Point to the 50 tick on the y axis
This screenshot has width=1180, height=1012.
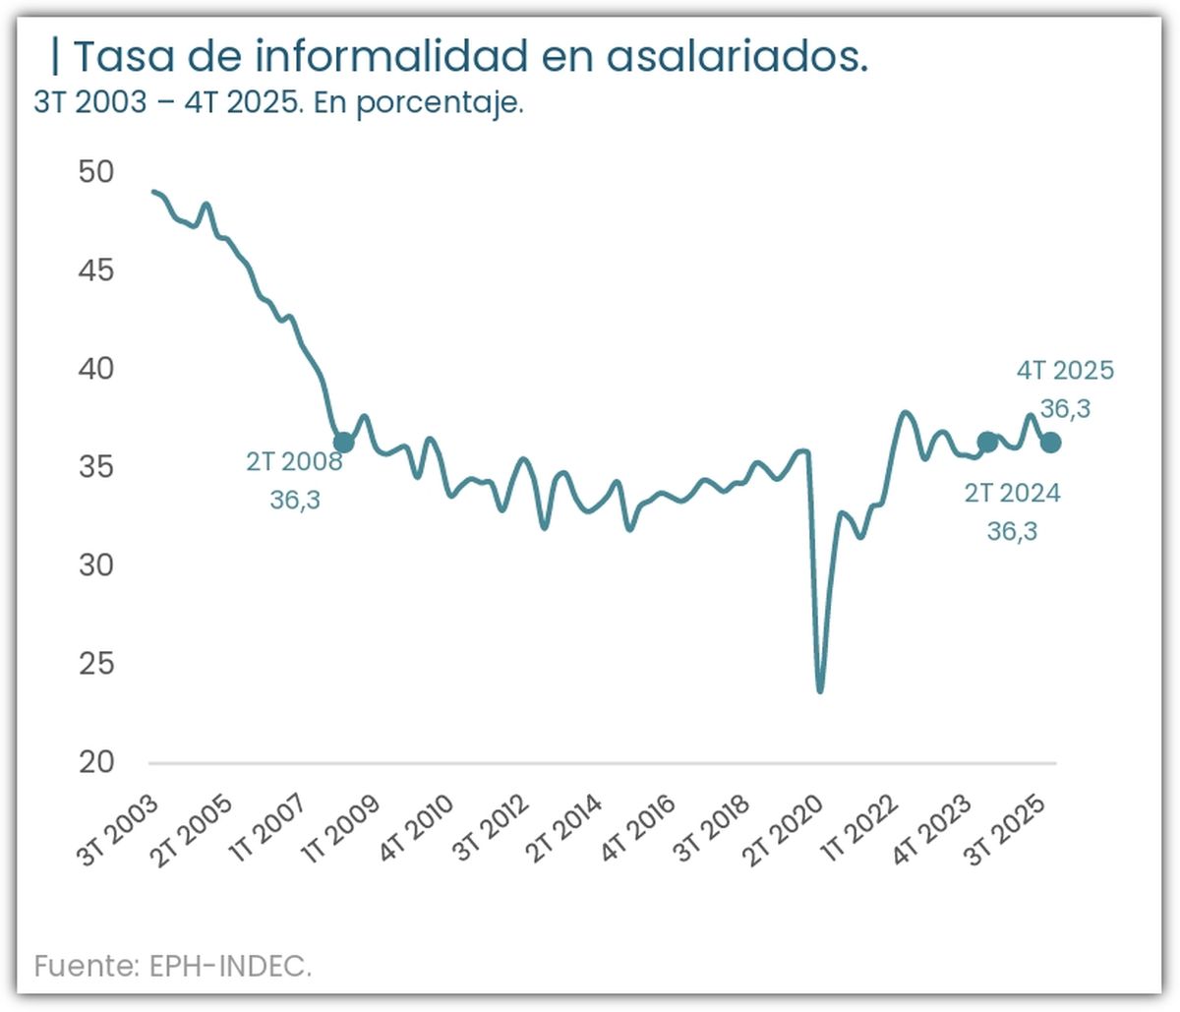tap(96, 172)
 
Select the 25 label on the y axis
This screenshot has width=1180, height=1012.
tap(96, 664)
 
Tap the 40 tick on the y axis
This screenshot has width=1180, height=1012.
tap(96, 369)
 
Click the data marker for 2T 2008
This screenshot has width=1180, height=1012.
tap(343, 443)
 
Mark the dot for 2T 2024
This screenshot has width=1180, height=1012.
tap(987, 443)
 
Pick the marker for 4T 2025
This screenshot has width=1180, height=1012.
tap(1050, 443)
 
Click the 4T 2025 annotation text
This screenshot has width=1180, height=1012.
tap(1065, 371)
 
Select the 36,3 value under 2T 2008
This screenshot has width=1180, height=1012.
tap(295, 500)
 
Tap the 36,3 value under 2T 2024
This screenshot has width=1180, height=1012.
tap(1012, 531)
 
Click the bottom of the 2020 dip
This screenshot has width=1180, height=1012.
tap(820, 690)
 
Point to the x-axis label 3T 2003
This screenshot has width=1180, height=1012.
tap(118, 831)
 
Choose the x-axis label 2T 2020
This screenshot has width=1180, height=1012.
tap(783, 831)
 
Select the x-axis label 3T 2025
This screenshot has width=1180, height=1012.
tap(1004, 831)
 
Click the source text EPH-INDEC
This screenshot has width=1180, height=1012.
tap(230, 966)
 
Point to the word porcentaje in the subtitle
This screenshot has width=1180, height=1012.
tap(439, 102)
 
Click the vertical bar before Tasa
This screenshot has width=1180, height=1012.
tap(55, 57)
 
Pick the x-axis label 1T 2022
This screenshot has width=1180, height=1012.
tap(859, 831)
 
